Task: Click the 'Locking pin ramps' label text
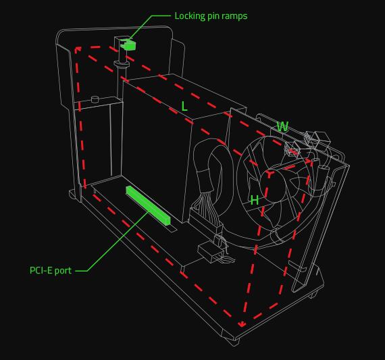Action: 211,16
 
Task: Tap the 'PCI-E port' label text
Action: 51,270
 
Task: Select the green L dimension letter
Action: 184,106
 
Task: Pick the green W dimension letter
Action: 282,126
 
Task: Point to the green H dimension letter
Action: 255,200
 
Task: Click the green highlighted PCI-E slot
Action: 148,205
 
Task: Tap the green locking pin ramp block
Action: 129,45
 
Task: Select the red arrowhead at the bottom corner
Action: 242,325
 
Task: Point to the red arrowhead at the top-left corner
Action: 78,49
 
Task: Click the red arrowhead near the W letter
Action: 309,161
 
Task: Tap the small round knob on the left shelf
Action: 95,99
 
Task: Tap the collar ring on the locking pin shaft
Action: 122,64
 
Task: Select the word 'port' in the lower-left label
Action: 63,271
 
